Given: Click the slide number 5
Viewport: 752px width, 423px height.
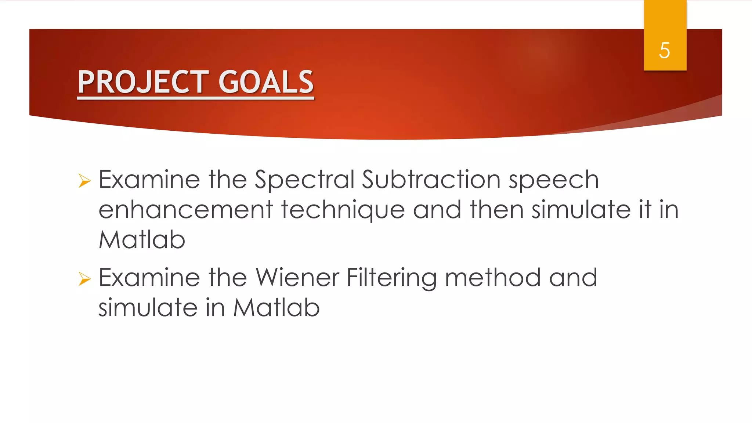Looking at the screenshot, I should [x=664, y=50].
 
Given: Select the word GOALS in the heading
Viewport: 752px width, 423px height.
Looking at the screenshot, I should [x=266, y=82].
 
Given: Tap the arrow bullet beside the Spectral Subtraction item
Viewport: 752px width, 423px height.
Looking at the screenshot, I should [x=84, y=181].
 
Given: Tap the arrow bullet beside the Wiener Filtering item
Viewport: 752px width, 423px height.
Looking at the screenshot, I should [x=84, y=279].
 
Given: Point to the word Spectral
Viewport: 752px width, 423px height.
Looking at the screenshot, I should [x=304, y=180].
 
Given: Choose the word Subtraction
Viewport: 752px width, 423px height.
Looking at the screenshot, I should [x=431, y=180].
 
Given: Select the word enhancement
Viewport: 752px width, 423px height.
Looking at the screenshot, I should [x=186, y=210].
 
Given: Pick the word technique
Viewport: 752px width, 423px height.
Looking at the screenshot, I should [x=343, y=210].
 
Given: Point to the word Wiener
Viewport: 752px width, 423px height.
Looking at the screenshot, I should [x=297, y=278].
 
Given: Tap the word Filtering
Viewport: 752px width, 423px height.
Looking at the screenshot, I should [x=391, y=278].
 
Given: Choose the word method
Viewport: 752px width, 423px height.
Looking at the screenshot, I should [x=493, y=278].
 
